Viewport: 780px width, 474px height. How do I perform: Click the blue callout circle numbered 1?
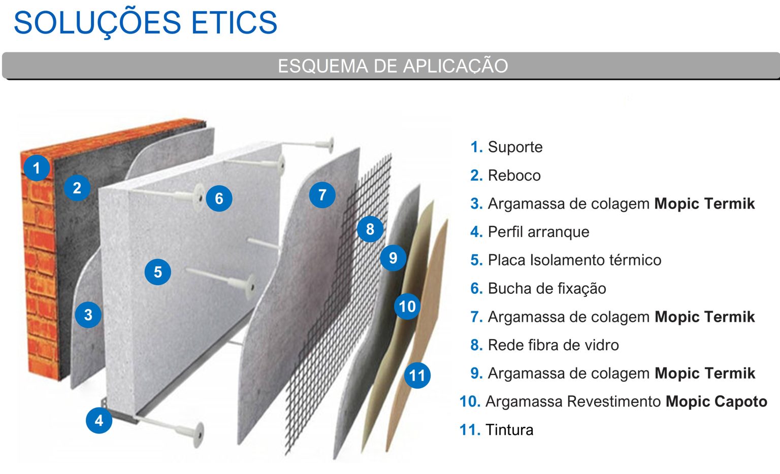click(x=36, y=168)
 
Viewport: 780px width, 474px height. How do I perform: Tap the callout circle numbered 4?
click(x=99, y=420)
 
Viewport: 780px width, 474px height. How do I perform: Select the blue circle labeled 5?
click(x=158, y=272)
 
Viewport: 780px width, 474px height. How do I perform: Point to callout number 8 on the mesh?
click(x=370, y=229)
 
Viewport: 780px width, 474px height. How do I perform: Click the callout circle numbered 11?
click(x=417, y=376)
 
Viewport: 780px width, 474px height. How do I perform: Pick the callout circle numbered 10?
click(x=407, y=307)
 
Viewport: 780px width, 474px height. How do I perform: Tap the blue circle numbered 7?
click(x=322, y=195)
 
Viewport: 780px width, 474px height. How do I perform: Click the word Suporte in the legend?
click(x=515, y=147)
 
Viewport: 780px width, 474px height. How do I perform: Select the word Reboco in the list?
click(x=514, y=176)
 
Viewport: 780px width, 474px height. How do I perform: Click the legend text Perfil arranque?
click(x=538, y=232)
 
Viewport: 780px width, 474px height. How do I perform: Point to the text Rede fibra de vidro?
click(x=553, y=345)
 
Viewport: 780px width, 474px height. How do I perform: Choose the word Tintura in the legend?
click(x=509, y=430)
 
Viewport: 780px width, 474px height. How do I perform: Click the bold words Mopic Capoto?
click(x=716, y=401)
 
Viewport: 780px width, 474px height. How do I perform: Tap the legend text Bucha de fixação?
click(x=547, y=289)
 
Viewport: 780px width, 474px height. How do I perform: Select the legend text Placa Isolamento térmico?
click(x=574, y=260)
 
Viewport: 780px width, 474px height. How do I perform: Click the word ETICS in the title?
click(x=234, y=23)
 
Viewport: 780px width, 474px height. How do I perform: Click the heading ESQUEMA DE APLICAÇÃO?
click(x=393, y=66)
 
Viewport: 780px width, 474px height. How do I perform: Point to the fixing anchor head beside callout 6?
click(x=198, y=195)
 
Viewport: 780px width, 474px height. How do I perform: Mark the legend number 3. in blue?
click(x=476, y=204)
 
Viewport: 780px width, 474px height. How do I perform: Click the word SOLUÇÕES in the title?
click(x=97, y=23)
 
